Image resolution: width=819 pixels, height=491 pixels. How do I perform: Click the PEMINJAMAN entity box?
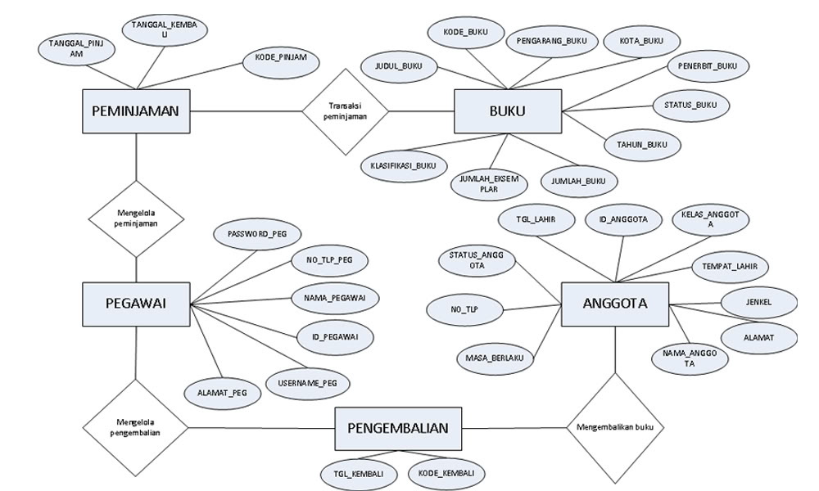136,111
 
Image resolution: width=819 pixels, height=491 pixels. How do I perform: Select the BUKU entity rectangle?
508,111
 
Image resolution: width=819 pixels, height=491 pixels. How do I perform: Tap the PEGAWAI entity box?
136,304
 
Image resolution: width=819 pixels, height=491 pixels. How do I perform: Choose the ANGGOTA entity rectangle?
614,304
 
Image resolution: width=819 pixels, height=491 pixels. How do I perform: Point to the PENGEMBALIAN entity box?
398,428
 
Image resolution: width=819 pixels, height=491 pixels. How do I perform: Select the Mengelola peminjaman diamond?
136,218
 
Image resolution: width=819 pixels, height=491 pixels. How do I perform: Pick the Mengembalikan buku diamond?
614,427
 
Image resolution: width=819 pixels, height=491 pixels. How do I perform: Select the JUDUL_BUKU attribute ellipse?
399,66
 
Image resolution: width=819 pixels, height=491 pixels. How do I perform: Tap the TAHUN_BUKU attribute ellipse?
642,146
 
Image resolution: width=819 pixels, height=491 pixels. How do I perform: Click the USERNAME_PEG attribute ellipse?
307,382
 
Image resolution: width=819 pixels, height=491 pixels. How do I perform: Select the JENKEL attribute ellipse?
758,302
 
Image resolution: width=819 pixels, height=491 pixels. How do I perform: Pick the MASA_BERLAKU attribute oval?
494,358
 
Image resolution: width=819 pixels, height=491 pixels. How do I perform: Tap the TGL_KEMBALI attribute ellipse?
360,474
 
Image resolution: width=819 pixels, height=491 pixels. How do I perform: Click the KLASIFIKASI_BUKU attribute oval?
404,165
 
